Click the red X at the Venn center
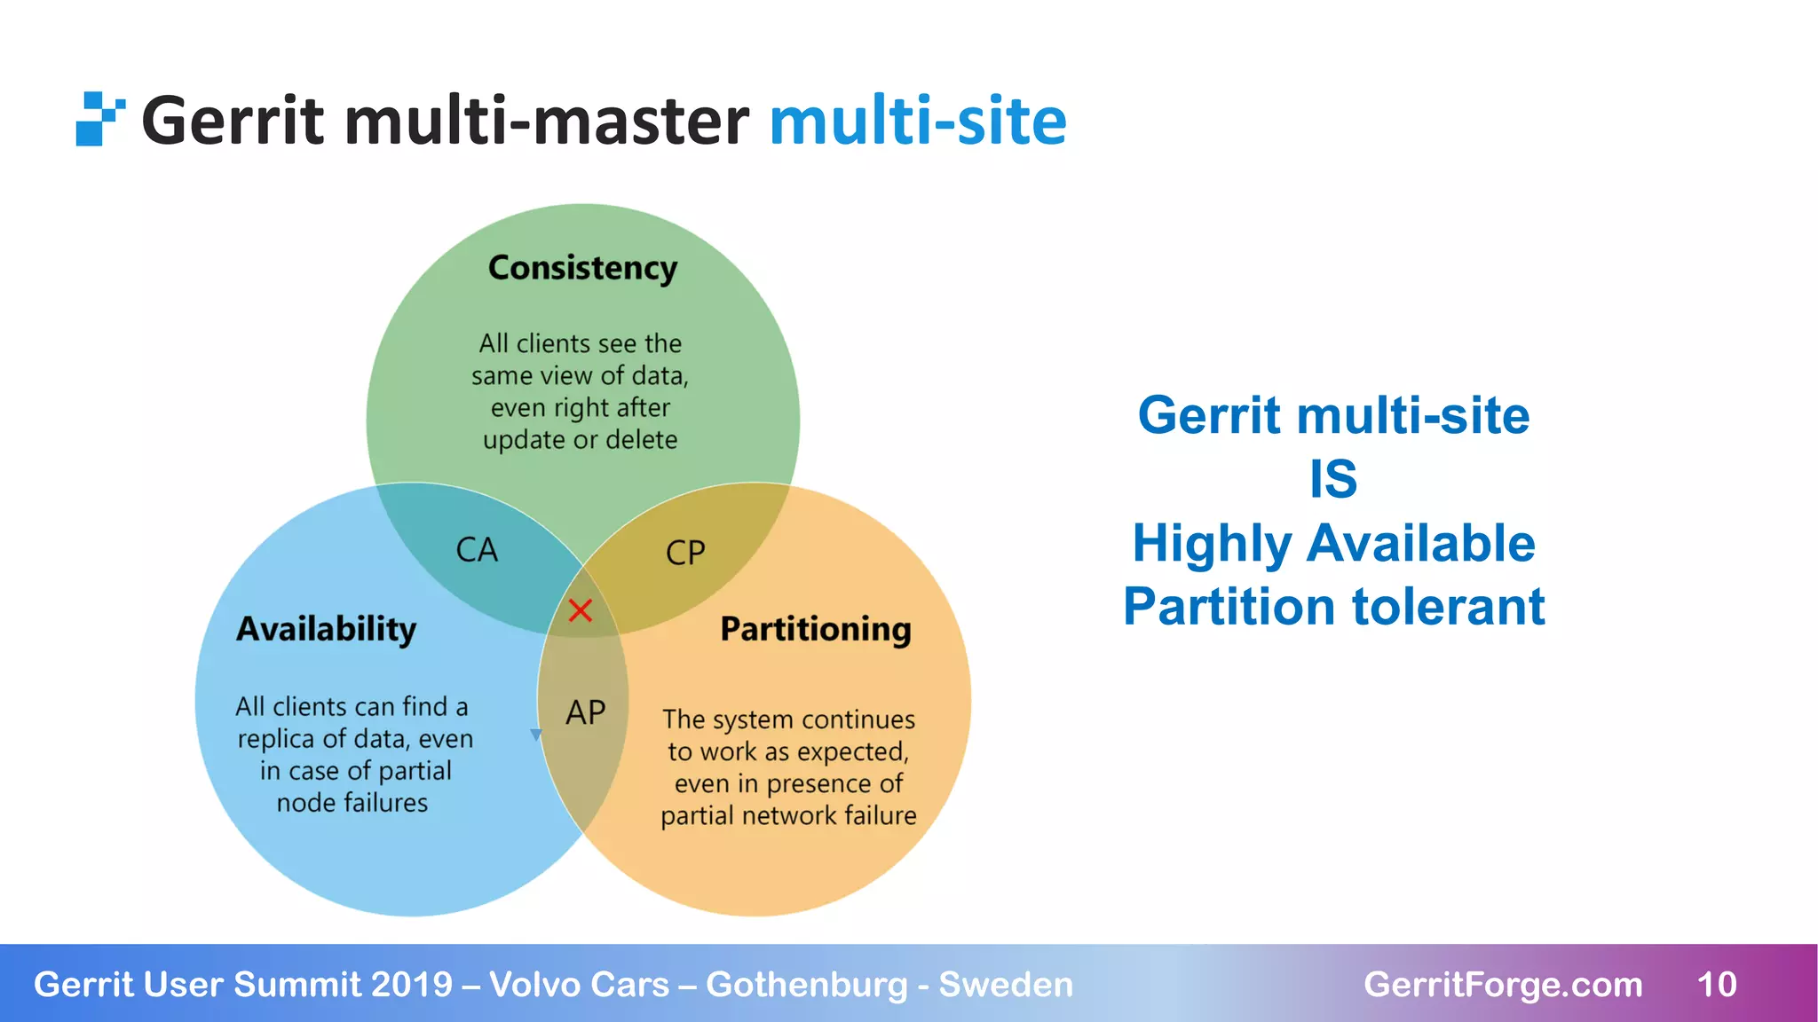(x=580, y=610)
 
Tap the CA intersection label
(x=477, y=550)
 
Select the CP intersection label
(x=685, y=553)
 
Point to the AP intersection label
(x=586, y=712)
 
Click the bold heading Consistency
(x=582, y=268)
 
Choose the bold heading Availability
(x=326, y=629)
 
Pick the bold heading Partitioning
(x=815, y=629)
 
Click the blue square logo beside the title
(x=99, y=119)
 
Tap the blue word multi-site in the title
(x=917, y=121)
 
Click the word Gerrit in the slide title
(x=233, y=121)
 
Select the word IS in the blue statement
(x=1333, y=479)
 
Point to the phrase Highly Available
(x=1333, y=543)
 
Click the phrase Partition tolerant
(x=1333, y=607)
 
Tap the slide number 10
(x=1716, y=985)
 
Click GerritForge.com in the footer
(x=1502, y=985)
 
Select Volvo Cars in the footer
(x=579, y=985)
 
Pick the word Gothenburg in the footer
(x=806, y=985)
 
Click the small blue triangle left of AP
(x=536, y=735)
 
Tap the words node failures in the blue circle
(x=352, y=803)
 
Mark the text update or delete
(x=580, y=440)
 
